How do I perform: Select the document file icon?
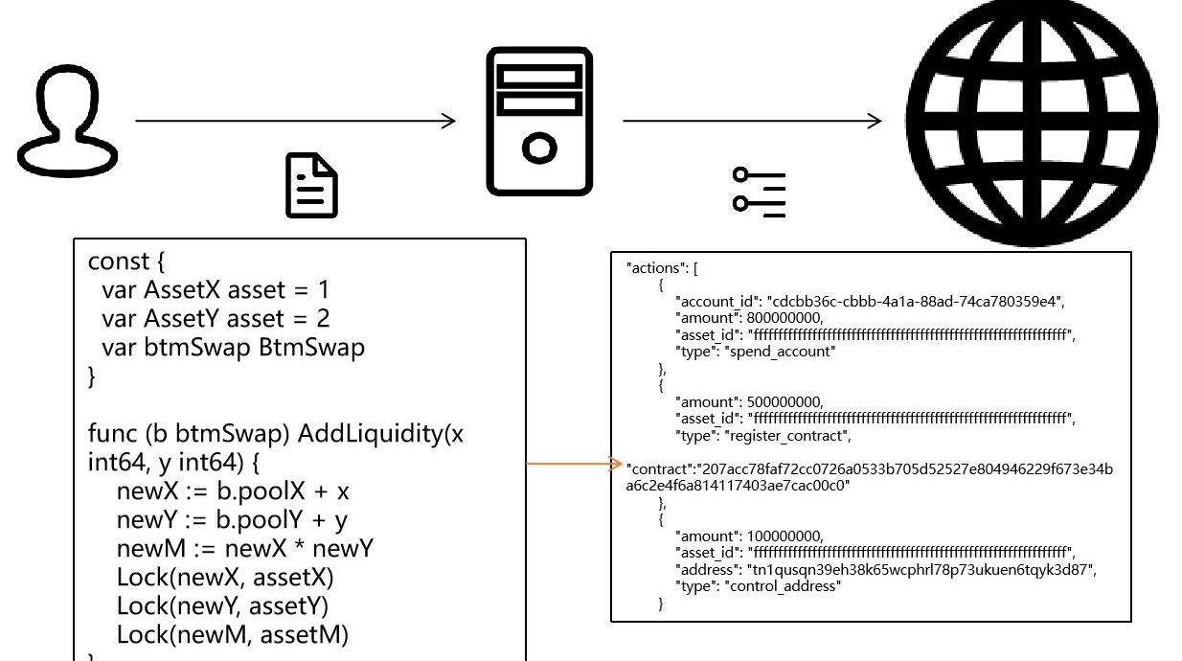[x=312, y=188]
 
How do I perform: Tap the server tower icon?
[x=539, y=122]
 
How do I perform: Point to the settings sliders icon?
[x=759, y=192]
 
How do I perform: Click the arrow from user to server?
[x=296, y=121]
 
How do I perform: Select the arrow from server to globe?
[x=752, y=121]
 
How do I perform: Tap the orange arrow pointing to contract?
[x=575, y=465]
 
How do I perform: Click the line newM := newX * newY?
[x=244, y=549]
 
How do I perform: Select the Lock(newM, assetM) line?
[x=233, y=634]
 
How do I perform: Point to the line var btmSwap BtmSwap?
[x=233, y=348]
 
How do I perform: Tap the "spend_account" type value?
[x=782, y=352]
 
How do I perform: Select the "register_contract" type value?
[x=788, y=436]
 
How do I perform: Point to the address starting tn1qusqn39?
[x=921, y=570]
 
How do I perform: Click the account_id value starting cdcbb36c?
[x=914, y=302]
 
